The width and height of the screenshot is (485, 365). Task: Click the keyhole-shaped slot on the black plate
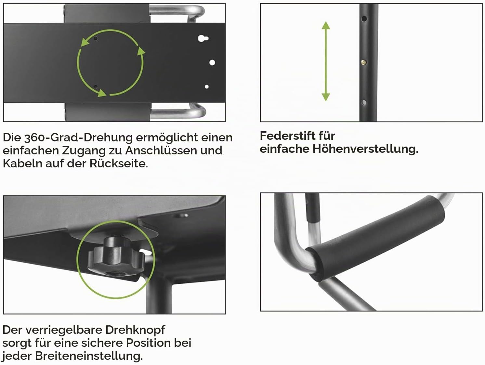[203, 38]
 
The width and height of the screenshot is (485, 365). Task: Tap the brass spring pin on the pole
[363, 62]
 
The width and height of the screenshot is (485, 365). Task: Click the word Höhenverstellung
[365, 149]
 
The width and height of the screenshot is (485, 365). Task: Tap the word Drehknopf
[135, 330]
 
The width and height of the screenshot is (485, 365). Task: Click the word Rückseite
[119, 163]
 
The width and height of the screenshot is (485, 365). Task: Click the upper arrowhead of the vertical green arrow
[326, 25]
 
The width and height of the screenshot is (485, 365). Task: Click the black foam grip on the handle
[376, 239]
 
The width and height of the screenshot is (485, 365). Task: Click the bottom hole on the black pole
[364, 102]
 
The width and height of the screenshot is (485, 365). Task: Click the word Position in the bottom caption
[148, 343]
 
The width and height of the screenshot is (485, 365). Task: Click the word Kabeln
[22, 163]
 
